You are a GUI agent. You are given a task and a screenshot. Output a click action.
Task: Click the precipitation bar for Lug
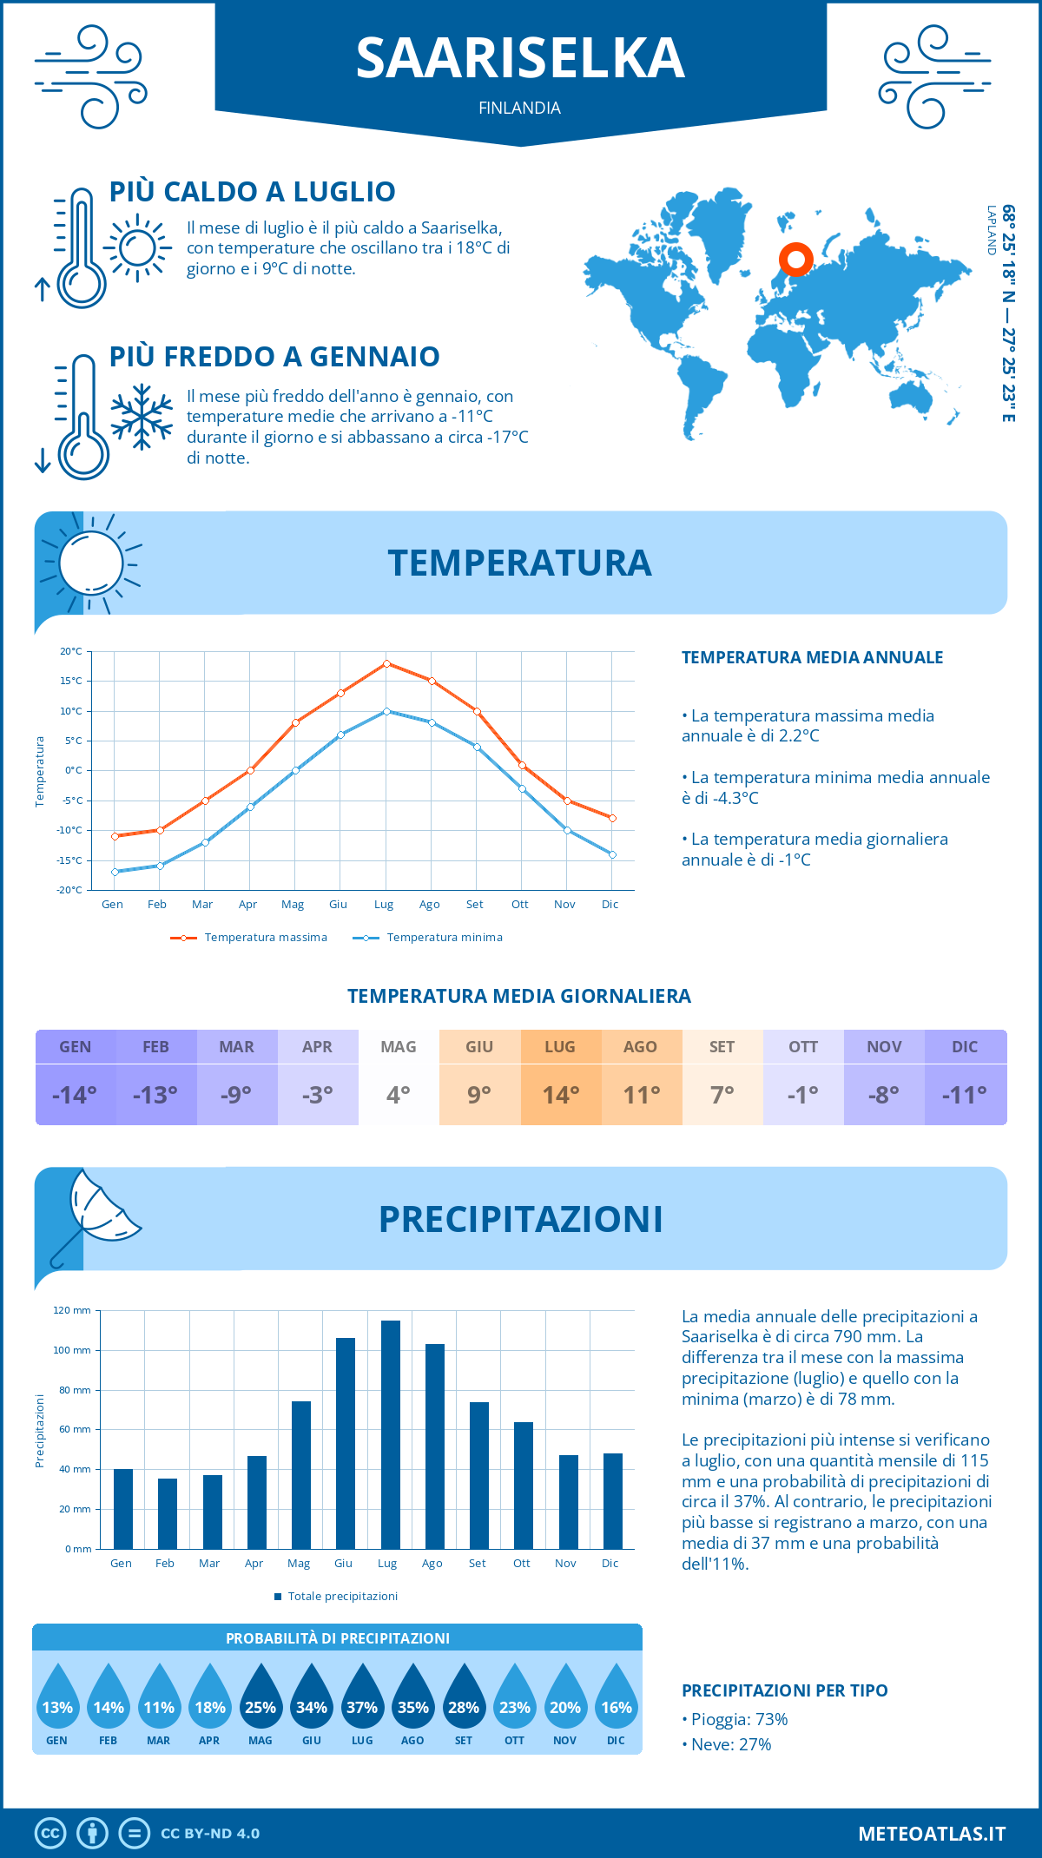pos(390,1434)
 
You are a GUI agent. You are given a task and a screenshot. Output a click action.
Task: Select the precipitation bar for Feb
pos(168,1513)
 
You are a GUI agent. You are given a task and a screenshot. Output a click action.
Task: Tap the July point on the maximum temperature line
pos(386,663)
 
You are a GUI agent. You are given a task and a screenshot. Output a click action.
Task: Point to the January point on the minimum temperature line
pos(115,872)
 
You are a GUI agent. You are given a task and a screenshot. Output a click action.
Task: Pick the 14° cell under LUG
pos(560,1095)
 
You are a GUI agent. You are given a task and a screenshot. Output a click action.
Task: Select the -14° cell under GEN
pos(75,1095)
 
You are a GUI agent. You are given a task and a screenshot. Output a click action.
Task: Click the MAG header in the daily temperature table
pos(399,1047)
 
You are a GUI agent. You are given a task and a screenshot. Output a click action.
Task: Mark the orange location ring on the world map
pos(795,259)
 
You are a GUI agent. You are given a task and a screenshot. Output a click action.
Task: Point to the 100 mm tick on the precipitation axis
pos(72,1350)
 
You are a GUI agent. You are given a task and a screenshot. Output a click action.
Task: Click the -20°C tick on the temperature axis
pos(70,890)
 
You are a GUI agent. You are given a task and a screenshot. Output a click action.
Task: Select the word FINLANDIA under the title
pos(519,109)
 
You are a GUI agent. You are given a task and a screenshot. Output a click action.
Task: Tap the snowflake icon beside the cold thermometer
pos(142,416)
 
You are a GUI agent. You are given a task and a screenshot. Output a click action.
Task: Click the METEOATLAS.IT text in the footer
pos(931,1834)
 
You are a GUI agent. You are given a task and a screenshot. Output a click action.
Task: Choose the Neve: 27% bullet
pos(730,1745)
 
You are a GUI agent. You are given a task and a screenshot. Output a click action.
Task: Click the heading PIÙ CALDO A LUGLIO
pos(253,192)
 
